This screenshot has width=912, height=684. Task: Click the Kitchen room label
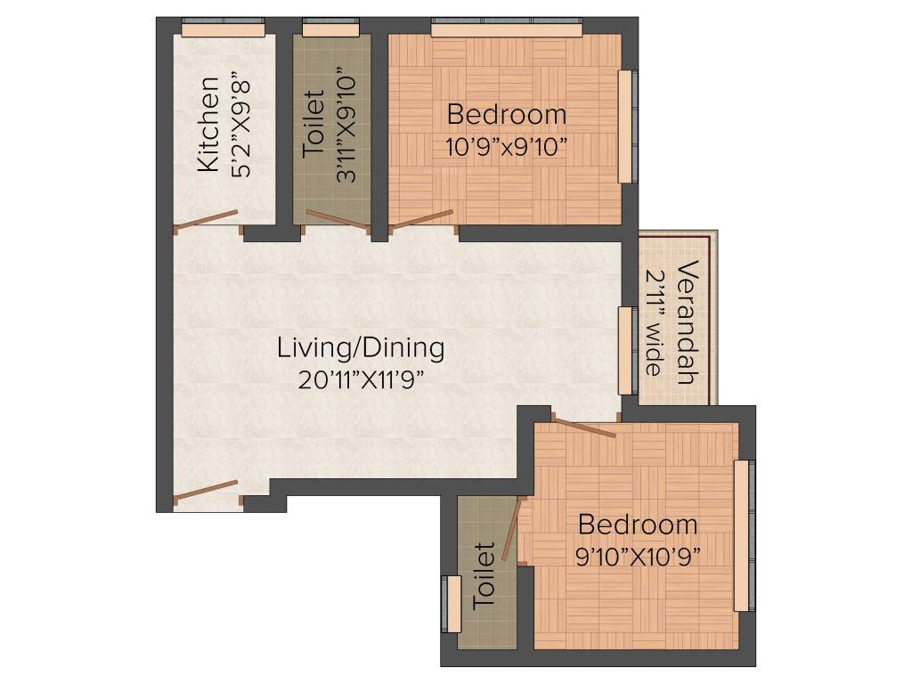(208, 125)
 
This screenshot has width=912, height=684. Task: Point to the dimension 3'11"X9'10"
(347, 126)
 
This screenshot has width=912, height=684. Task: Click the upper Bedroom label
(506, 115)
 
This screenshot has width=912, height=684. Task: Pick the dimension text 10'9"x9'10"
(506, 146)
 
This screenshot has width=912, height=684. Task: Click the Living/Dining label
(360, 347)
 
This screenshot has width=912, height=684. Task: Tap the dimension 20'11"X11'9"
(360, 379)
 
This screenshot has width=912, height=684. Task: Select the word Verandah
(685, 322)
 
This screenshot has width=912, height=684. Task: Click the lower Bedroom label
(637, 524)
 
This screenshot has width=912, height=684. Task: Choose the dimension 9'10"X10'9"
(637, 557)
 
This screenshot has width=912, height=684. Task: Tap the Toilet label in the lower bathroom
(484, 575)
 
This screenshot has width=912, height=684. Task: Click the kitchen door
(207, 219)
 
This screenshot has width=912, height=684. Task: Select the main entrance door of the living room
(207, 491)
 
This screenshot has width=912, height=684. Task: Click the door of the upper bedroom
(422, 220)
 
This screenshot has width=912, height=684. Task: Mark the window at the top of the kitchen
(224, 30)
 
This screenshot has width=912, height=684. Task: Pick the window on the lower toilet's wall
(453, 604)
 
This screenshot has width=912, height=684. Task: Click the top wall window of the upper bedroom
(506, 30)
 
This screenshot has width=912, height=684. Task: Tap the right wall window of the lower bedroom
(742, 536)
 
